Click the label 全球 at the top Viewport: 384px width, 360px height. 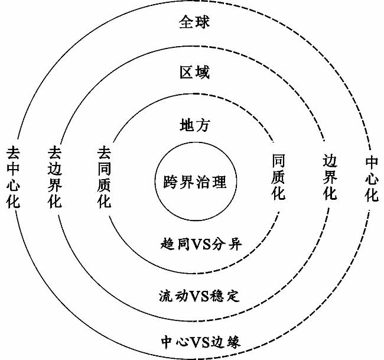click(x=194, y=22)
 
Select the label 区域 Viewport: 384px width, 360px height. click(x=195, y=72)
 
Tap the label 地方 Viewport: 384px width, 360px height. click(x=195, y=125)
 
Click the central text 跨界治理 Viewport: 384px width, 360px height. click(x=195, y=181)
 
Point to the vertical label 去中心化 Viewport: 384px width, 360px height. click(x=13, y=177)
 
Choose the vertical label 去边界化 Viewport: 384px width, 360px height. click(x=54, y=177)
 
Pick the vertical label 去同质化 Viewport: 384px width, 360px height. click(x=105, y=177)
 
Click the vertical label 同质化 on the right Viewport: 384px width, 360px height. click(x=278, y=177)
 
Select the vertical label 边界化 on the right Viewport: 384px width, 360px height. click(x=330, y=177)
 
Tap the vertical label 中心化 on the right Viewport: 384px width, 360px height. click(x=372, y=179)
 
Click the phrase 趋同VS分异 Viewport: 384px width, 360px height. click(x=201, y=244)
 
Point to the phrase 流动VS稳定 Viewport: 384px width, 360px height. click(x=199, y=296)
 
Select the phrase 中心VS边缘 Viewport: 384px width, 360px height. click(x=201, y=341)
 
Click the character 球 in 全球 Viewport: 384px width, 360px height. click(x=202, y=22)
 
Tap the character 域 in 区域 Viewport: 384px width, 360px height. click(x=202, y=72)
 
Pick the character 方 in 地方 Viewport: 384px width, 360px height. click(x=202, y=125)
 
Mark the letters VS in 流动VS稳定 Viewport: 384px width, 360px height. click(x=199, y=296)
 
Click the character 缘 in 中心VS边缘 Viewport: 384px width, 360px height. click(x=233, y=341)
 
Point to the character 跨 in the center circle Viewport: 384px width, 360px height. click(x=171, y=181)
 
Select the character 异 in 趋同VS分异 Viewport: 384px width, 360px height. click(x=235, y=244)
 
